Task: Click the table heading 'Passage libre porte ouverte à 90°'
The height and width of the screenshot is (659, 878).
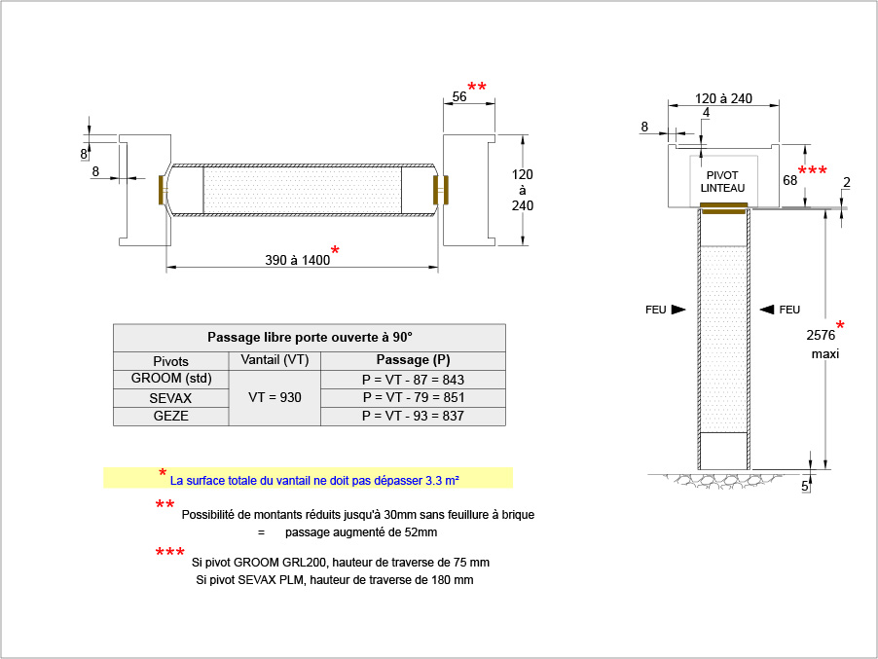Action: (x=310, y=337)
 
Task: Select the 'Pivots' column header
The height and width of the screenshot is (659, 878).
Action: (x=170, y=361)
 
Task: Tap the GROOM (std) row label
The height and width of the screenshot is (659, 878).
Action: (x=171, y=379)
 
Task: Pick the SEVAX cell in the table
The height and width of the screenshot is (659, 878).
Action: (x=170, y=398)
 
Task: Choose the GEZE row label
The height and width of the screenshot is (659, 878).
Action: (x=170, y=416)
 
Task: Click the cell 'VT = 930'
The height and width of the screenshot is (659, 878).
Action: (x=274, y=397)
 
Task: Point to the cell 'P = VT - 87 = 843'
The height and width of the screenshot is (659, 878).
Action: (x=414, y=380)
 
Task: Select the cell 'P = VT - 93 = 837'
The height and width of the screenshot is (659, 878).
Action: (x=414, y=416)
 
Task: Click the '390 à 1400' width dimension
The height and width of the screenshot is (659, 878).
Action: (x=297, y=260)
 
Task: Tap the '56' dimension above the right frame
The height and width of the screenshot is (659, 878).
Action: (x=459, y=97)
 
